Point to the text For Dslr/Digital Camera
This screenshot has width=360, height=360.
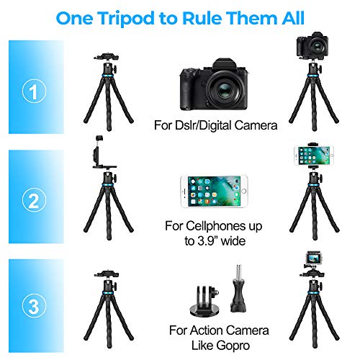pos(215,126)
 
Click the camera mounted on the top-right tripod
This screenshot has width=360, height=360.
pos(311,48)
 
